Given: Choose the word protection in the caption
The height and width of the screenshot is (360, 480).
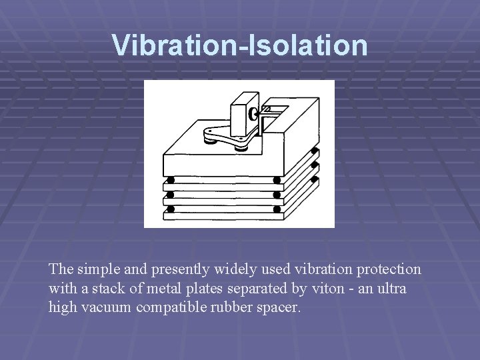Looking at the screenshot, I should [x=385, y=269].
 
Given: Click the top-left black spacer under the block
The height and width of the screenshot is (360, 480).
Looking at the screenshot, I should [x=171, y=181].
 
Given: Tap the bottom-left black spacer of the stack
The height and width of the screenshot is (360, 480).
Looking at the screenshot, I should [x=171, y=209].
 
